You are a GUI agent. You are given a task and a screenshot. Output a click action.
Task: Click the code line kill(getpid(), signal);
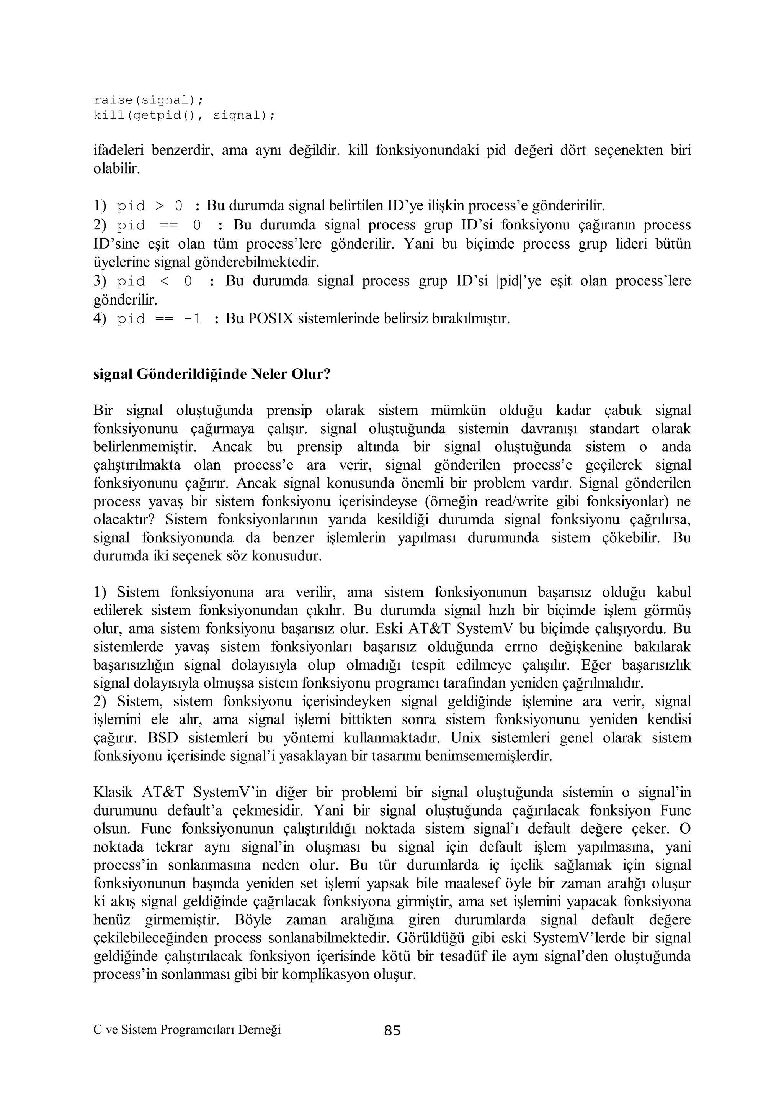(x=184, y=115)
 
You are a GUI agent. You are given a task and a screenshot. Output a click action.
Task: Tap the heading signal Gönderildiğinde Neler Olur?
(x=211, y=374)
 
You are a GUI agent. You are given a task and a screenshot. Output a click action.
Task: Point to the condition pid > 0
(x=150, y=206)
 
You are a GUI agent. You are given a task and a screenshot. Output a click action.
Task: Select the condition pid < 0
(x=155, y=282)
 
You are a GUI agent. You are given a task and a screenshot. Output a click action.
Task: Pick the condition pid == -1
(x=159, y=319)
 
